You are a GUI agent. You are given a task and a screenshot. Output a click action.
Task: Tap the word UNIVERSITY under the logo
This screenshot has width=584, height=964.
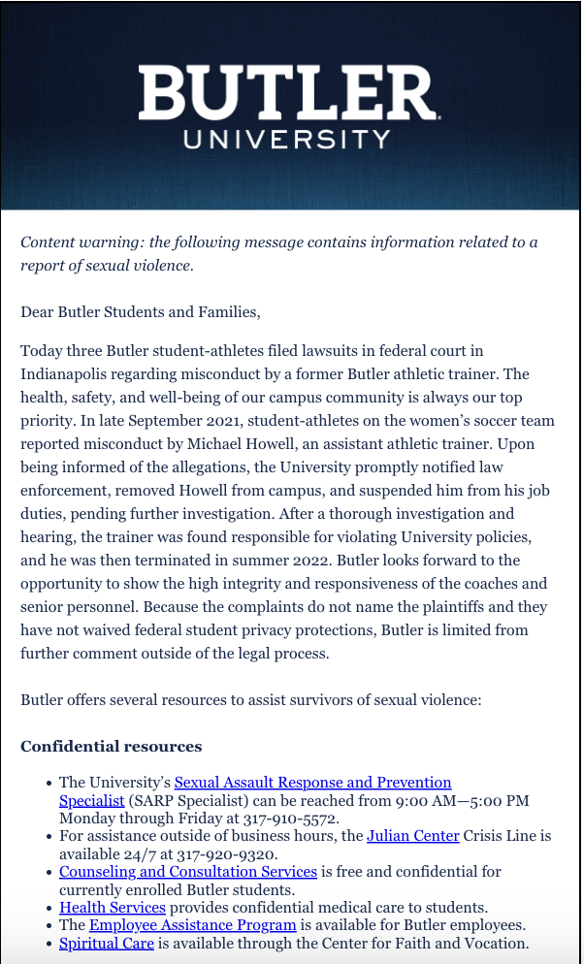(287, 139)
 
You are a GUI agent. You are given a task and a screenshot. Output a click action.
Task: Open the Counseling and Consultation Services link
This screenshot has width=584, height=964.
(188, 872)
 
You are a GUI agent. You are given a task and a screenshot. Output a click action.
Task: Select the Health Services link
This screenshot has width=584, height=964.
(113, 908)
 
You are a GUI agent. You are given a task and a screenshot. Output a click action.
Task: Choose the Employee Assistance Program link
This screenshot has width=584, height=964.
(192, 925)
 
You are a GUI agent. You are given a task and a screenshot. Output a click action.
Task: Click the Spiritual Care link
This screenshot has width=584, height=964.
(107, 943)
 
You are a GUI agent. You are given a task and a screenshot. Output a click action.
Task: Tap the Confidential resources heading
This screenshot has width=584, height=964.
(112, 747)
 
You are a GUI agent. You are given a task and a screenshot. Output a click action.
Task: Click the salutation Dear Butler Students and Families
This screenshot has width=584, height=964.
(141, 312)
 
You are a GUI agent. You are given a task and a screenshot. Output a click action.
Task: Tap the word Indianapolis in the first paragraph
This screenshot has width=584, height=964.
(69, 373)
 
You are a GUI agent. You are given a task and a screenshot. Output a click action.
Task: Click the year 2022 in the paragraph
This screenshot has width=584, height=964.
(300, 561)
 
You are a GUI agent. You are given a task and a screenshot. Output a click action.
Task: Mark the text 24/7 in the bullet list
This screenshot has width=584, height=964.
(142, 853)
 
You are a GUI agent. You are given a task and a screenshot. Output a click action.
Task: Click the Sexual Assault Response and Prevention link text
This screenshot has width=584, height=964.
(312, 783)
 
